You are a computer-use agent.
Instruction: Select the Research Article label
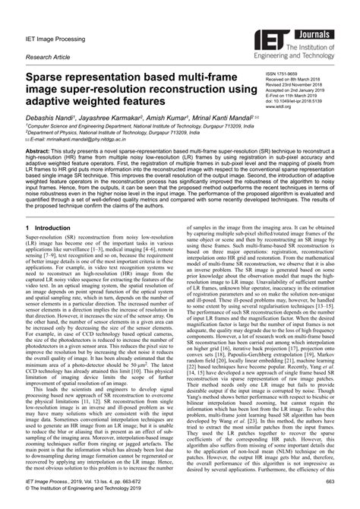tap(48, 57)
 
